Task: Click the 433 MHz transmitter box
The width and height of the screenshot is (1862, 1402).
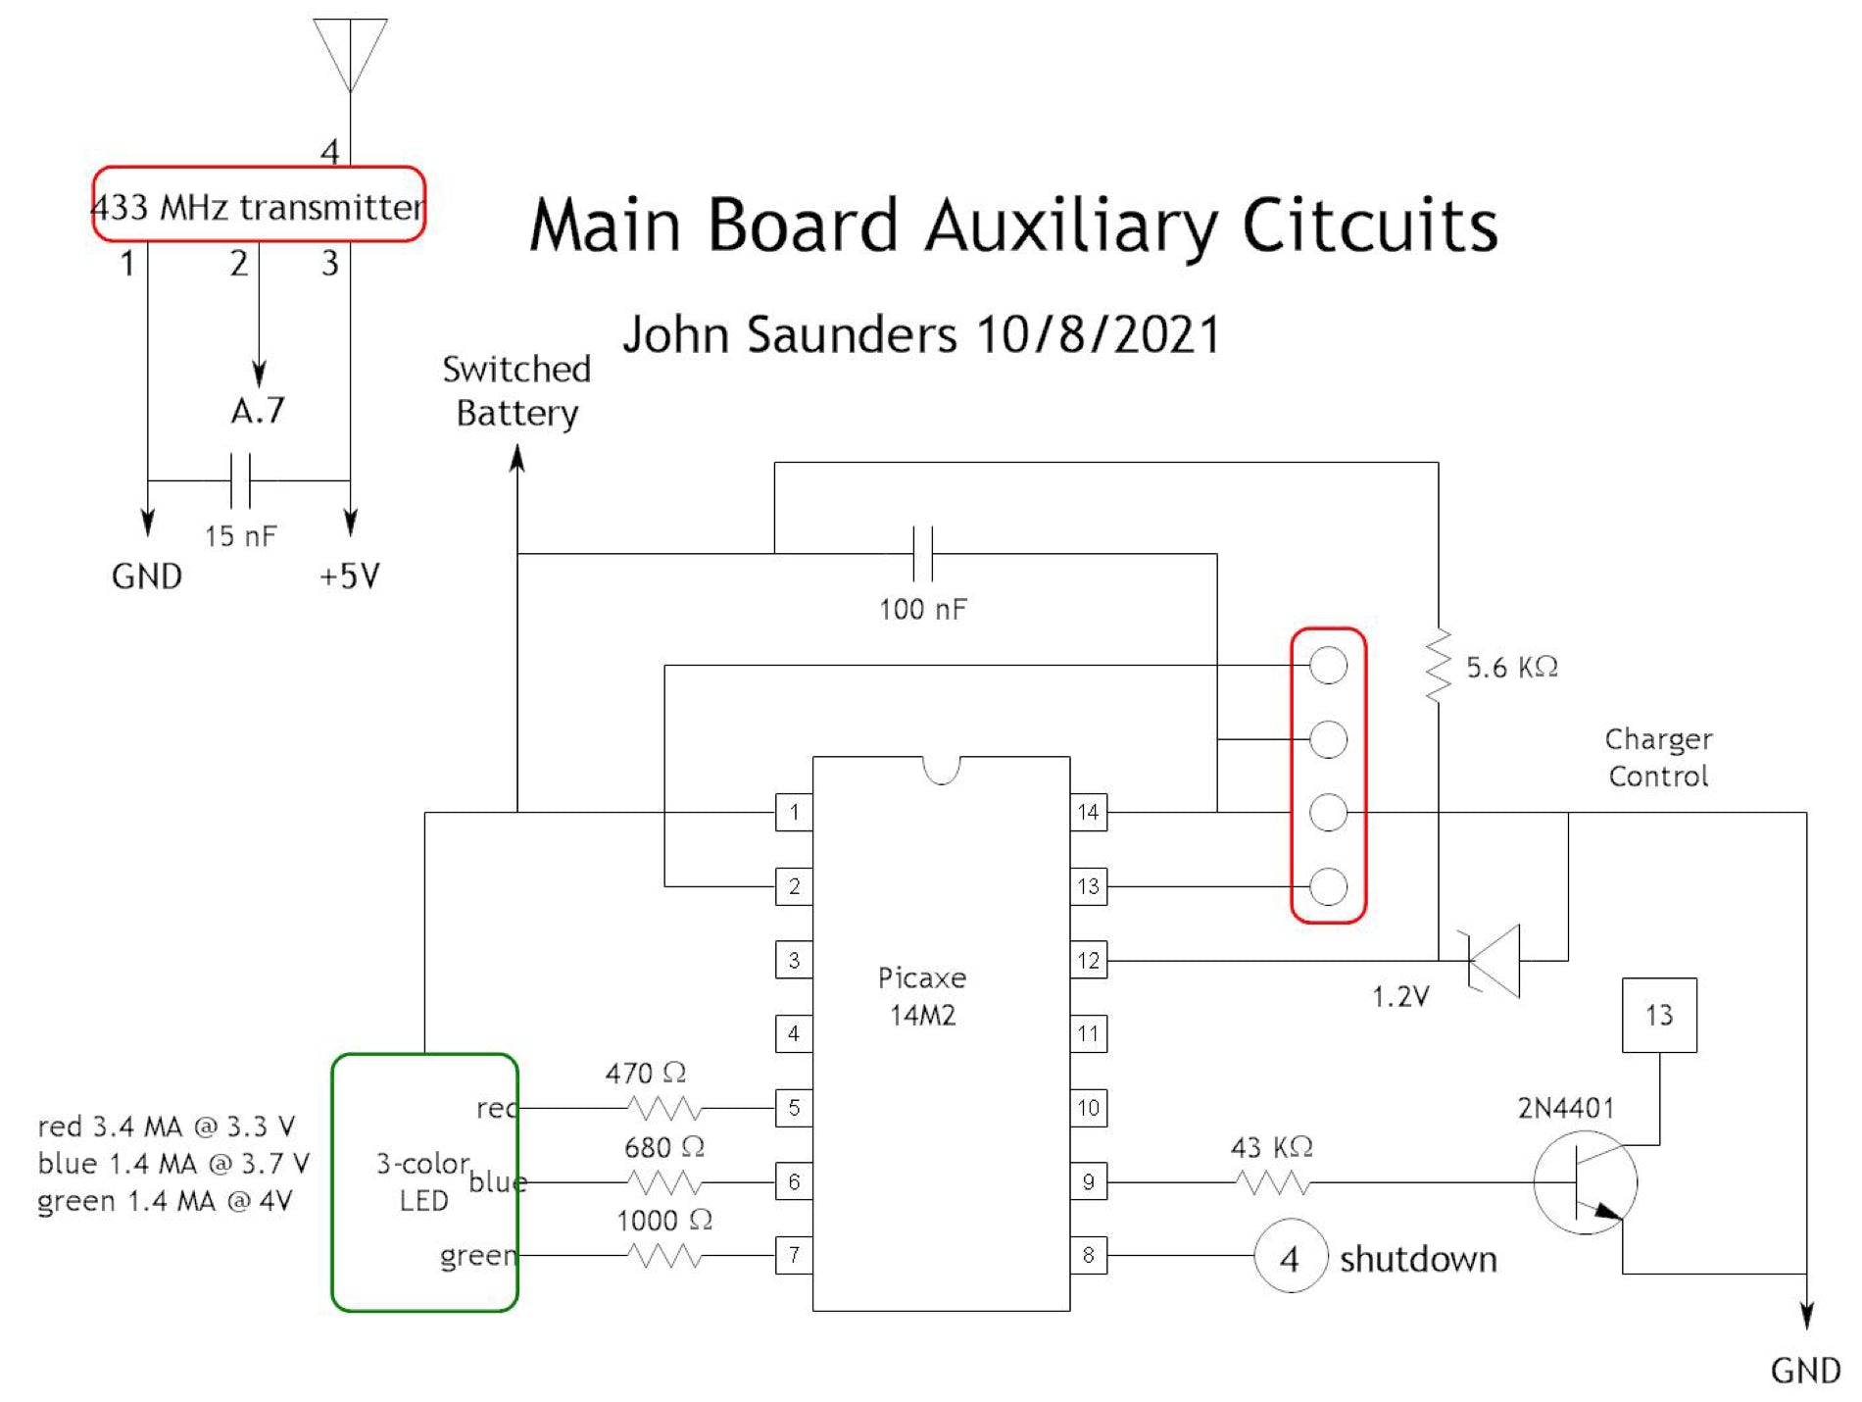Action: click(x=259, y=205)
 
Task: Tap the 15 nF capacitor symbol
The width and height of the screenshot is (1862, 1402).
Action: click(x=240, y=480)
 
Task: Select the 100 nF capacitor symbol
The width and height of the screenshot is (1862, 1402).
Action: click(x=922, y=554)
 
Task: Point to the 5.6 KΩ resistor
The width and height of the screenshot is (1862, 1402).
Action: click(x=1438, y=666)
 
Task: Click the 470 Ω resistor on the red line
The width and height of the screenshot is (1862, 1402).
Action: click(x=664, y=1108)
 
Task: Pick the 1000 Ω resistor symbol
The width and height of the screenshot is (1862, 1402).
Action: click(x=664, y=1255)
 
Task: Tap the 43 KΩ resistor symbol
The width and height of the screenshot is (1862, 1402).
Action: click(x=1272, y=1182)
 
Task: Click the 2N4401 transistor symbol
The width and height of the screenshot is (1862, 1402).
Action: click(x=1585, y=1182)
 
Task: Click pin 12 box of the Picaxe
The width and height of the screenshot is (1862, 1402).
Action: click(x=1088, y=961)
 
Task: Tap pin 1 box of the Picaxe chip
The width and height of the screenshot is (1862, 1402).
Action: click(x=794, y=812)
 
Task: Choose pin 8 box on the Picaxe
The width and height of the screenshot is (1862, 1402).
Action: click(x=1088, y=1255)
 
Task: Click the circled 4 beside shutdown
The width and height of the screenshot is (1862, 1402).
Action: click(x=1290, y=1256)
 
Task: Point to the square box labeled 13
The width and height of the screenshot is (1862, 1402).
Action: click(x=1659, y=1015)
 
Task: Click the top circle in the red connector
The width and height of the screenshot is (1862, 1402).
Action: click(x=1328, y=666)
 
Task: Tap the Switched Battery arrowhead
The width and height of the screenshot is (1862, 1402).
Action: click(x=517, y=458)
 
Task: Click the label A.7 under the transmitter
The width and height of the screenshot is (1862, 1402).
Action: click(x=258, y=410)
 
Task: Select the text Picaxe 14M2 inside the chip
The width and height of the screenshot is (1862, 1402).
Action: click(x=921, y=996)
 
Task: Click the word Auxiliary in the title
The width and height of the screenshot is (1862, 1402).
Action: click(x=1071, y=225)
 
